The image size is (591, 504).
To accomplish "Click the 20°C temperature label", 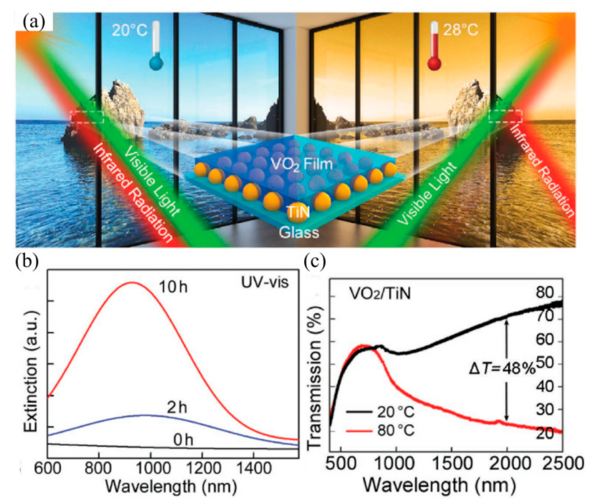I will click(129, 30).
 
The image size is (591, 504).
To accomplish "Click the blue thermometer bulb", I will click(156, 63).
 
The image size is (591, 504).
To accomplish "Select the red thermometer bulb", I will click(434, 64).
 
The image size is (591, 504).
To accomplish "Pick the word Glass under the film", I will click(299, 232).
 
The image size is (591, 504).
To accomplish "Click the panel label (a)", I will click(34, 22).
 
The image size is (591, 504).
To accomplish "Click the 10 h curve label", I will click(172, 287).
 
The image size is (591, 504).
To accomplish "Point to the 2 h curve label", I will click(177, 407).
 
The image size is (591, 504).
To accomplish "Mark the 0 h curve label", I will click(183, 440).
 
